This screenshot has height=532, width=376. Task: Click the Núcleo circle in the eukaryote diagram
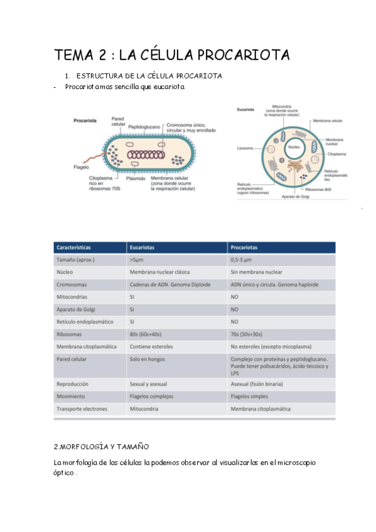293,150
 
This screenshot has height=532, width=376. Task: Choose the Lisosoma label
245,149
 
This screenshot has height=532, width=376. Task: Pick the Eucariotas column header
144,247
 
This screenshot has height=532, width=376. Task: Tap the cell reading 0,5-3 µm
245,260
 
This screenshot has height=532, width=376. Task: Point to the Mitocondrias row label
72,297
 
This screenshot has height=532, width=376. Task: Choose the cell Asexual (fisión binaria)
257,383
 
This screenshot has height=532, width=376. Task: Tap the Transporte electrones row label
82,408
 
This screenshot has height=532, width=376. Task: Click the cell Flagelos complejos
154,396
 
